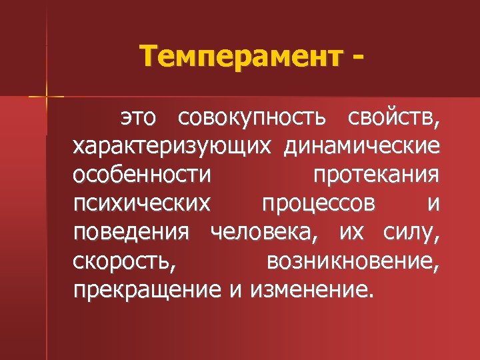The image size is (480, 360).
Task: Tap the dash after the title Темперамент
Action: (360, 57)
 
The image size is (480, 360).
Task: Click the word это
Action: (138, 118)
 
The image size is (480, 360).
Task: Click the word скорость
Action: (125, 260)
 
